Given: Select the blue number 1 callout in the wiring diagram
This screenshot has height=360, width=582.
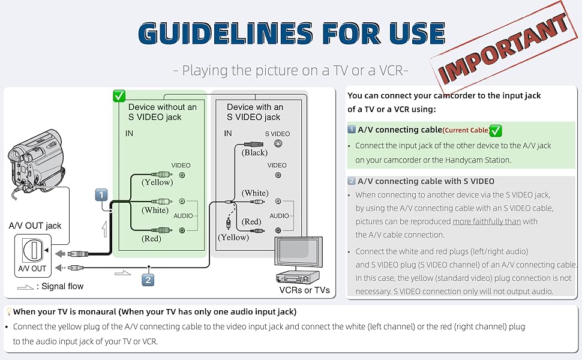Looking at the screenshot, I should [101, 195].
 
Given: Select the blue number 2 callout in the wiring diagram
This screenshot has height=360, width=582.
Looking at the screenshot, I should [148, 278].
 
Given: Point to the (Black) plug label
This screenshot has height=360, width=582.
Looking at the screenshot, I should [254, 152].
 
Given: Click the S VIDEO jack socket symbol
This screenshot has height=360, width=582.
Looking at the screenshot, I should [277, 144].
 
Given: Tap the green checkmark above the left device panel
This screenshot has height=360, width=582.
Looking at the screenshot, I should [119, 96].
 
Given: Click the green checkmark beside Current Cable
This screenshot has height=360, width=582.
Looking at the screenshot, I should [496, 130].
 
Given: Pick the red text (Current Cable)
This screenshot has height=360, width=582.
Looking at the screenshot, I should [466, 130].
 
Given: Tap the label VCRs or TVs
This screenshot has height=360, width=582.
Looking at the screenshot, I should [304, 290].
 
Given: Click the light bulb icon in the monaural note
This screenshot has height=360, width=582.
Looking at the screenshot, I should [9, 312].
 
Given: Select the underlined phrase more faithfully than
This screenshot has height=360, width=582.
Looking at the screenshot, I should [487, 221].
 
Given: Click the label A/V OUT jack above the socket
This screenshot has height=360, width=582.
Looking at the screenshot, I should [35, 226].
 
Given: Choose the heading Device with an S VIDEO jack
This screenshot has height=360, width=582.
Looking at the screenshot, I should [255, 112].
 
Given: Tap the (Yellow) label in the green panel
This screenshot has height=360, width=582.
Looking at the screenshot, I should [157, 182].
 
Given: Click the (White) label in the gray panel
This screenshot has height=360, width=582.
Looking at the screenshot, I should [255, 193].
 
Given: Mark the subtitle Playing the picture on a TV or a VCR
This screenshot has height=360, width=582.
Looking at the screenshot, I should [290, 70].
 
